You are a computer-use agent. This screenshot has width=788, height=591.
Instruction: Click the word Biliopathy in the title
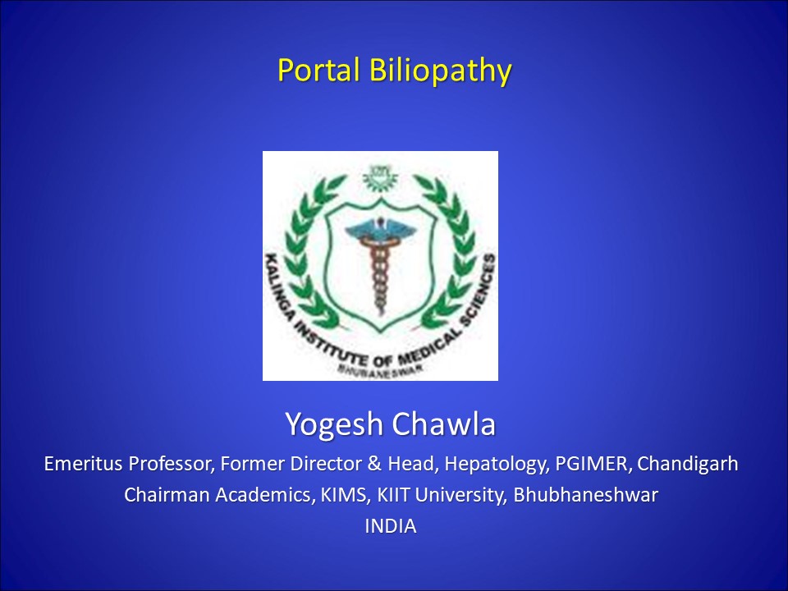(x=440, y=71)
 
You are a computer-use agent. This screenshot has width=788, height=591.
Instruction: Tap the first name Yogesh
(x=334, y=424)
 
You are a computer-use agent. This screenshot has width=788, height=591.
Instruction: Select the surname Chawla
(x=444, y=424)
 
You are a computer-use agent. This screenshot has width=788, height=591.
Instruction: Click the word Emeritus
(x=83, y=463)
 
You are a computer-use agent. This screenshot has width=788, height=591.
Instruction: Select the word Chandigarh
(x=688, y=464)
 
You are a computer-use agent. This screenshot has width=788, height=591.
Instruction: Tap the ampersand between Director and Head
(x=374, y=463)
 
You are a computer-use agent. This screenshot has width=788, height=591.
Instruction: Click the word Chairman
(x=167, y=495)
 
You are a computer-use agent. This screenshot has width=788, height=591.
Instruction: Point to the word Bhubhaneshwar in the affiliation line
(x=585, y=495)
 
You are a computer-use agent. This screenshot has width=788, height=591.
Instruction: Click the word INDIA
(x=391, y=526)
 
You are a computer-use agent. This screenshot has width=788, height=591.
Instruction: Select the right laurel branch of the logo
(x=448, y=251)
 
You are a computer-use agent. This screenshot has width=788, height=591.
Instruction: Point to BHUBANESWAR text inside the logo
(x=380, y=369)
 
